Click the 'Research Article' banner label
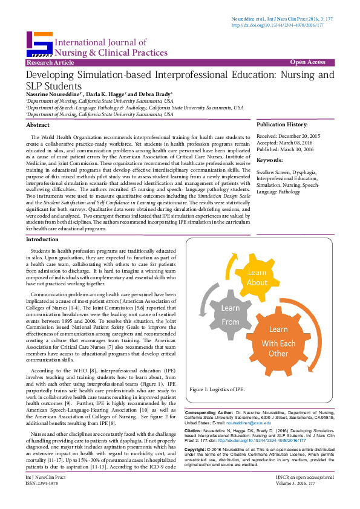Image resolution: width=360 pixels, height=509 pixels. coord(47,63)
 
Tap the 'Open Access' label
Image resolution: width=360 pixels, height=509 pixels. coord(307,62)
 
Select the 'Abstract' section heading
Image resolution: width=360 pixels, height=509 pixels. coord(38,125)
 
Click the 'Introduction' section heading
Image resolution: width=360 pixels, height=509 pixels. coord(43,240)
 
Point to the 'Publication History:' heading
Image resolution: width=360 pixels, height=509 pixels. coord(283,124)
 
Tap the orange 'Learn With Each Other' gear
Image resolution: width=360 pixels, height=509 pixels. coord(278,341)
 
